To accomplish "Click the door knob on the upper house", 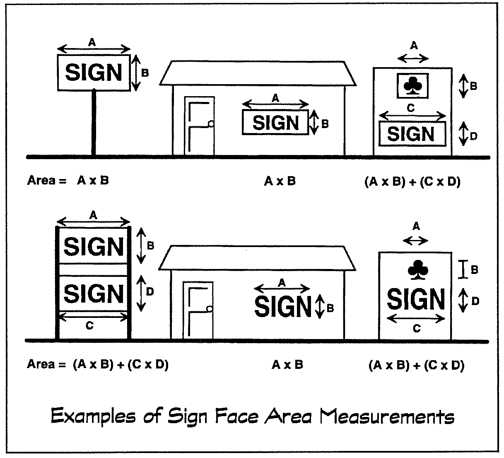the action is pyautogui.click(x=211, y=124).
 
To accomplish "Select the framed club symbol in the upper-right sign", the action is pyautogui.click(x=412, y=86).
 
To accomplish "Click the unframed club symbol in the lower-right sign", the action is pyautogui.click(x=415, y=269).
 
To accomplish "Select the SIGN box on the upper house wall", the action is pyautogui.click(x=275, y=123).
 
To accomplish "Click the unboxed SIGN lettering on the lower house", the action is pyautogui.click(x=283, y=307).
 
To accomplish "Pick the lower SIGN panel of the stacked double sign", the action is pyautogui.click(x=94, y=293).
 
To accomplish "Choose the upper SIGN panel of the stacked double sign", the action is pyautogui.click(x=94, y=246).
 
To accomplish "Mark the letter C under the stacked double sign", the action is pyautogui.click(x=89, y=326).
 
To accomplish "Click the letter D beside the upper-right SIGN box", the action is pyautogui.click(x=473, y=136).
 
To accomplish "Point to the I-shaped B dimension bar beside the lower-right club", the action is pyautogui.click(x=464, y=269).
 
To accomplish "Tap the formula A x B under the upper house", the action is pyautogui.click(x=280, y=181).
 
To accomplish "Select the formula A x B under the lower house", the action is pyautogui.click(x=287, y=365).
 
